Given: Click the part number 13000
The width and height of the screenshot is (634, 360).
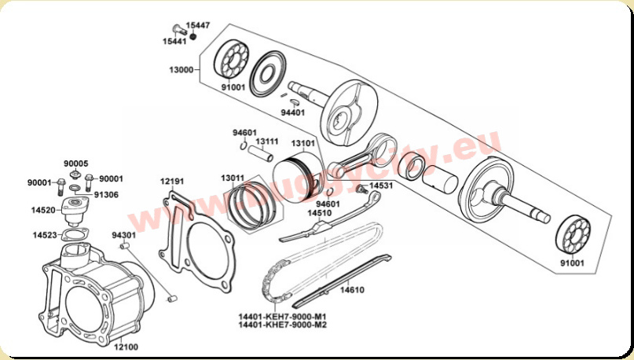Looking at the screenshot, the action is click(181, 70).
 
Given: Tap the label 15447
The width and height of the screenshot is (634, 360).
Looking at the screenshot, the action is click(198, 25).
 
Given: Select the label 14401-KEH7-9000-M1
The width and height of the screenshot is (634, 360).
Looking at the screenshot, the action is click(283, 316).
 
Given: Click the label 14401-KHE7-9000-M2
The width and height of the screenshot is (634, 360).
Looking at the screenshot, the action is click(283, 325).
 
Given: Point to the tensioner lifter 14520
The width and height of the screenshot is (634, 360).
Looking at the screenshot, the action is click(75, 211).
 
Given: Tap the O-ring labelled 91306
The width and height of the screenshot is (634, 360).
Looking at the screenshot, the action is click(75, 188).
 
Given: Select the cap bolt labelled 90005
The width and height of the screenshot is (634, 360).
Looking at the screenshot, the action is click(75, 174).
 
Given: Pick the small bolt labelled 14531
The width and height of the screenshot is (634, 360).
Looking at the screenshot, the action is click(361, 189).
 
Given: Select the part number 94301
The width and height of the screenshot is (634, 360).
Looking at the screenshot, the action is click(123, 235).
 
